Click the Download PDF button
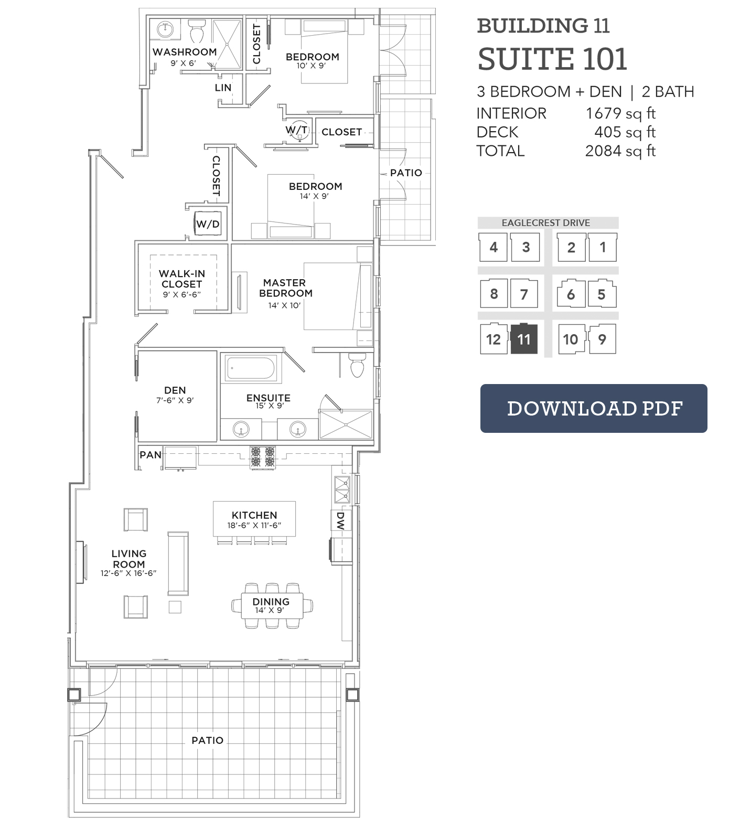point(594,408)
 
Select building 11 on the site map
point(524,339)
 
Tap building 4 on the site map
point(494,247)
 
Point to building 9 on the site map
point(602,339)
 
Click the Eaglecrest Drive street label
point(546,222)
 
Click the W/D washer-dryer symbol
point(208,224)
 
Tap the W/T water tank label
point(297,130)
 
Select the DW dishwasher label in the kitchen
point(340,521)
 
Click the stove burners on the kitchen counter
point(263,456)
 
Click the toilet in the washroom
point(197,33)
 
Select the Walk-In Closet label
point(182,279)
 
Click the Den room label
point(175,390)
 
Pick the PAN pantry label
point(151,455)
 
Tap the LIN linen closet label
point(223,87)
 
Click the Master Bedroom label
point(286,288)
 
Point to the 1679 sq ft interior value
point(620,113)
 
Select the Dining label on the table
point(271,601)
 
